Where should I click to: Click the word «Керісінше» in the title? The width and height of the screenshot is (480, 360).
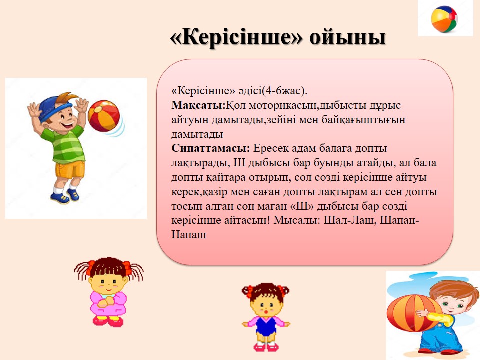[x=236, y=38]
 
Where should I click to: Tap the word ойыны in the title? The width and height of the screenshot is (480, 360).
[x=347, y=38]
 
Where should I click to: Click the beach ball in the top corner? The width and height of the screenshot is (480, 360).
[x=444, y=19]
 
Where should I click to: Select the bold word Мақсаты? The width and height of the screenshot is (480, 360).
[x=198, y=105]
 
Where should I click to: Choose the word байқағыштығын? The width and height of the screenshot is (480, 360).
[x=363, y=120]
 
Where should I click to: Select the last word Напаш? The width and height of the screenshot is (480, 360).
[x=189, y=235]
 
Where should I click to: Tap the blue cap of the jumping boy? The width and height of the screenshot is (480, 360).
[x=55, y=108]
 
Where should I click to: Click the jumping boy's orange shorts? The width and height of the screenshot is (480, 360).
[x=70, y=170]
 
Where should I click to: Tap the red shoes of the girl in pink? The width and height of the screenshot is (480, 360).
[x=108, y=321]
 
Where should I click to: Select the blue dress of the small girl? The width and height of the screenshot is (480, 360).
[x=265, y=325]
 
